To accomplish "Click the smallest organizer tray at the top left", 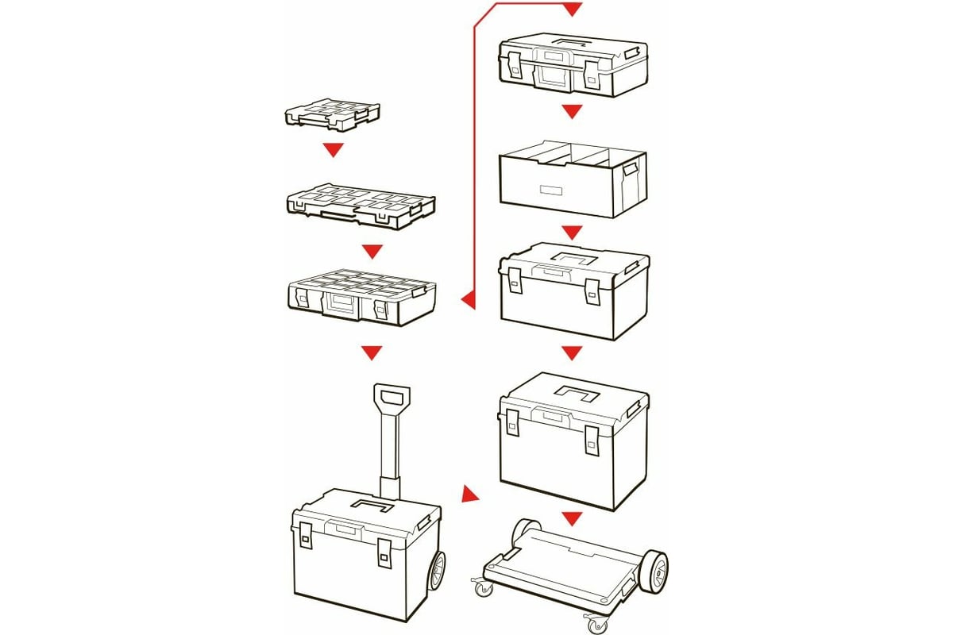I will click(332, 114).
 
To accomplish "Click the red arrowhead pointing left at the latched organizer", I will click(469, 300).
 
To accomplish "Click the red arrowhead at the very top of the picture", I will click(572, 10).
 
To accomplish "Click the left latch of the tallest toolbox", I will click(513, 422).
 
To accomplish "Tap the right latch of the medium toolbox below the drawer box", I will click(592, 290).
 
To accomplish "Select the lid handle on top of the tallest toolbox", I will click(579, 391).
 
